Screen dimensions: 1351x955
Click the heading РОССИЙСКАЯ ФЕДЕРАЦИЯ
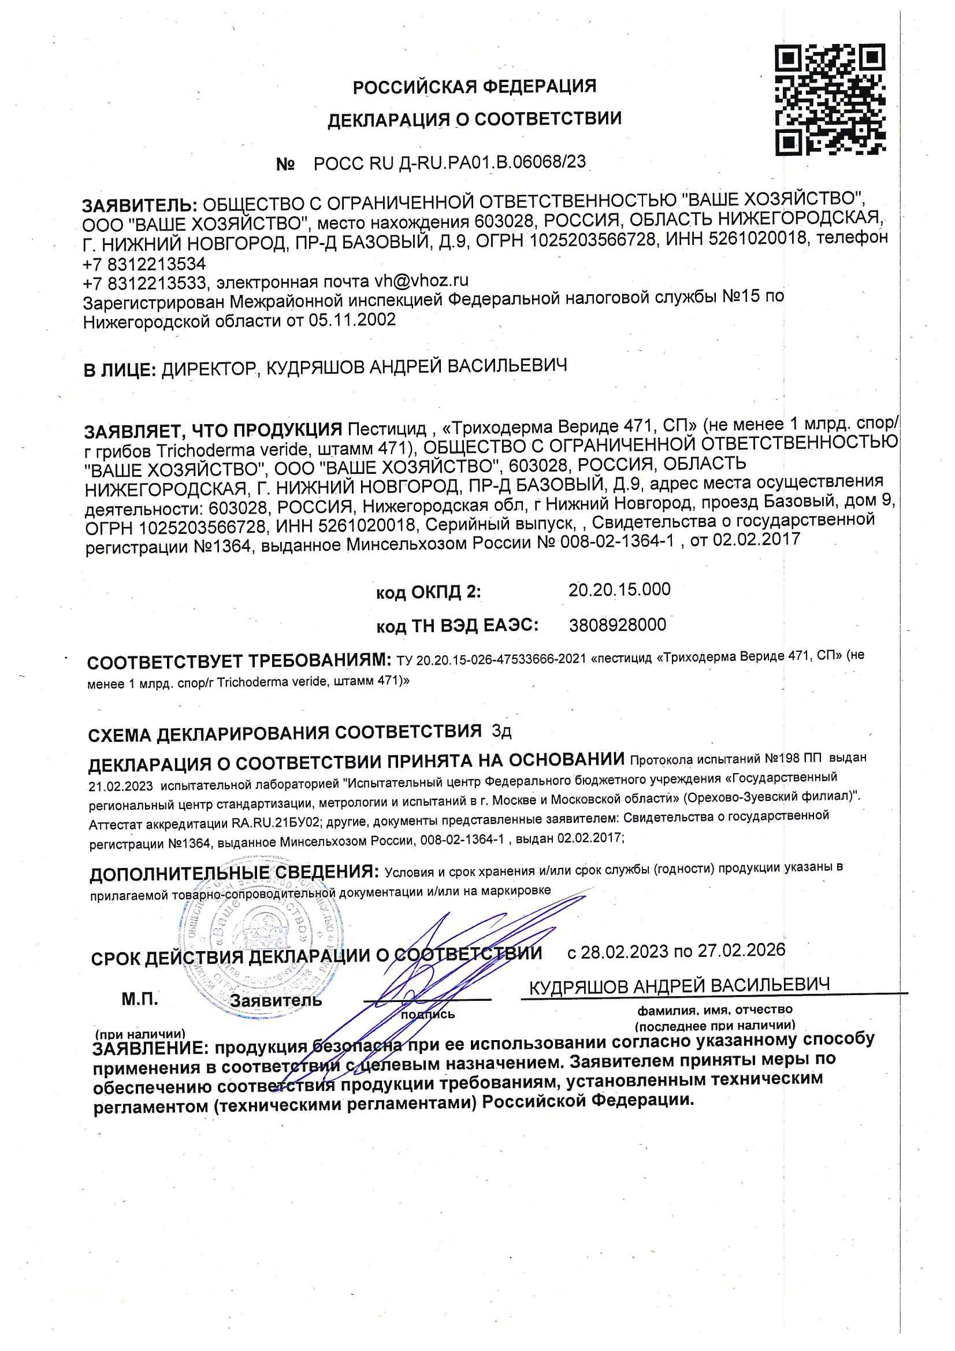(474, 87)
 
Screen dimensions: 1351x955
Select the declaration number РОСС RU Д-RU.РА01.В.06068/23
(449, 162)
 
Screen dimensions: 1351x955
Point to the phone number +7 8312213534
(144, 263)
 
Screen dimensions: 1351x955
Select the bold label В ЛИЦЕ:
(120, 370)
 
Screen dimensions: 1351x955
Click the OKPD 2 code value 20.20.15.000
(619, 589)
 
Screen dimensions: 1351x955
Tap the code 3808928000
(617, 625)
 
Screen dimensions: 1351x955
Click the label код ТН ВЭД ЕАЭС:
(457, 626)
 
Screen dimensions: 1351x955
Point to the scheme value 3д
(501, 732)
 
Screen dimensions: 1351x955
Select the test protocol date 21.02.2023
(121, 786)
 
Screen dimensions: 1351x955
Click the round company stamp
(259, 947)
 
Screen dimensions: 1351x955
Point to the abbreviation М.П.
(139, 999)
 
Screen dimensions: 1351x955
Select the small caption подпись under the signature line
(428, 1015)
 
